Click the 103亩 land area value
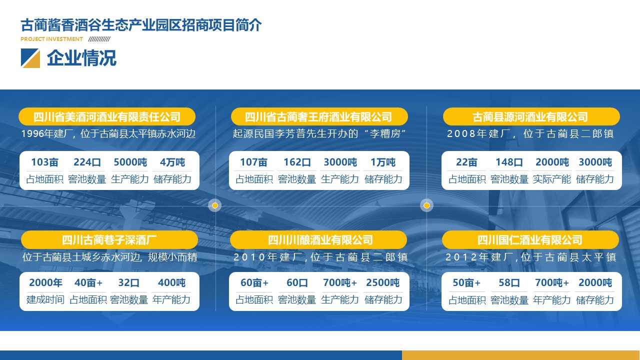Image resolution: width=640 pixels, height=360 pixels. [44, 162]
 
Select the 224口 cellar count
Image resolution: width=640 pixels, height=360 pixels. [87, 162]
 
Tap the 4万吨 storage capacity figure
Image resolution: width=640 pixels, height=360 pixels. [172, 162]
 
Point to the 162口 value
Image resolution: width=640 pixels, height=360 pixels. [297, 162]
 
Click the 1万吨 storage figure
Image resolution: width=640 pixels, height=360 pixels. [383, 162]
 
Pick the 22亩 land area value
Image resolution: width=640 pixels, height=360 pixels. [466, 162]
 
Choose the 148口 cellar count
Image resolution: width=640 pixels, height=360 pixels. [509, 162]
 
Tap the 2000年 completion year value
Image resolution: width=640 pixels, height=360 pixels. [45, 283]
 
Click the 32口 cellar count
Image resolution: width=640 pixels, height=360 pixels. [129, 283]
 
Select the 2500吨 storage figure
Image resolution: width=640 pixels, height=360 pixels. [383, 283]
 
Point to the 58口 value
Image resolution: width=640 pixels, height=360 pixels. [509, 283]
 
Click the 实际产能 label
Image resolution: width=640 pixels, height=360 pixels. [552, 179]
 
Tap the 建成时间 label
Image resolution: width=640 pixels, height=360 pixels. [45, 299]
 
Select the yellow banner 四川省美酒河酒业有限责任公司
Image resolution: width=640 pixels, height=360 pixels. [107, 116]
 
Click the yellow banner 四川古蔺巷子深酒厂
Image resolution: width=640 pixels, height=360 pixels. [109, 239]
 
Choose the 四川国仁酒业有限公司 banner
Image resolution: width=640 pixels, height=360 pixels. [530, 239]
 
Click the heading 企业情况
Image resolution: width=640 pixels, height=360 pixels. [81, 58]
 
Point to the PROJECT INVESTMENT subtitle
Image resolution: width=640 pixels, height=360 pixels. [51, 39]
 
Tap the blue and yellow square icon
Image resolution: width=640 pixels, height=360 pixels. [30, 58]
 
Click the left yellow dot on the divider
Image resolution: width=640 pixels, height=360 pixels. [215, 205]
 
